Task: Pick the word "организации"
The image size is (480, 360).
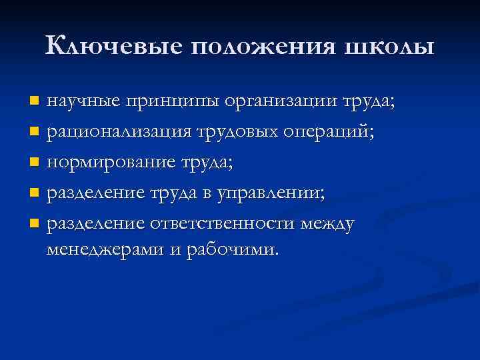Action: (281, 103)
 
